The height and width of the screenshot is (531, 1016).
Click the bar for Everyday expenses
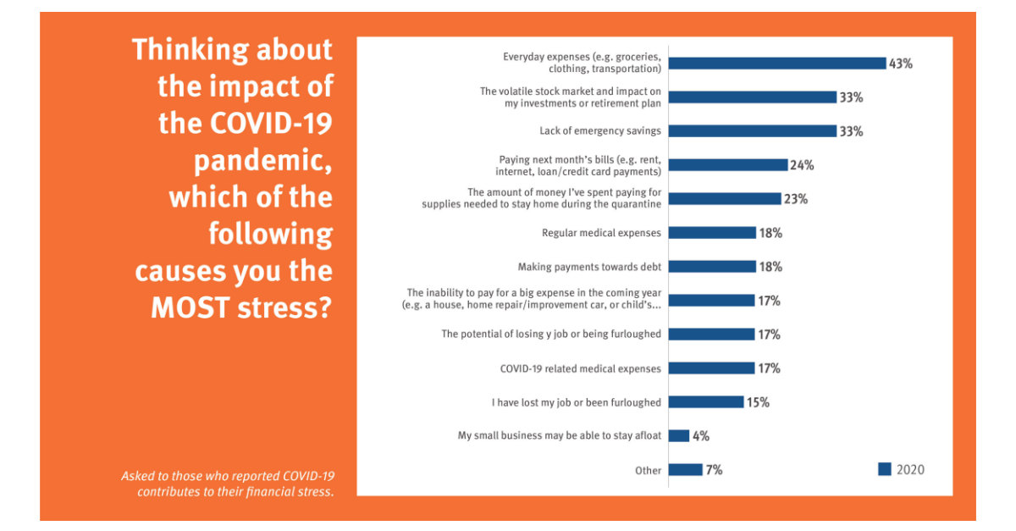pyautogui.click(x=776, y=64)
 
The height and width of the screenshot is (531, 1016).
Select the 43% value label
pyautogui.click(x=900, y=64)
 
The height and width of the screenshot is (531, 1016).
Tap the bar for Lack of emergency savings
pyautogui.click(x=752, y=131)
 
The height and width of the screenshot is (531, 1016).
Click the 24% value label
pyautogui.click(x=802, y=165)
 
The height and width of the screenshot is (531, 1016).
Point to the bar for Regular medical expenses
pyautogui.click(x=712, y=233)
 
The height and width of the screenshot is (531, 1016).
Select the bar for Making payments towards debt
pyautogui.click(x=712, y=267)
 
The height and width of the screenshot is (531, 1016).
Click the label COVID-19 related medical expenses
pyautogui.click(x=581, y=368)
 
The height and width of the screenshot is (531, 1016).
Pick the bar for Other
pyautogui.click(x=686, y=470)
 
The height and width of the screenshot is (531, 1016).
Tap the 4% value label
pyautogui.click(x=700, y=436)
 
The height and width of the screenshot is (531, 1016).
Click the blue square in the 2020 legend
pyautogui.click(x=885, y=469)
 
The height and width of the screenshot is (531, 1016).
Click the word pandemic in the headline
pyautogui.click(x=263, y=161)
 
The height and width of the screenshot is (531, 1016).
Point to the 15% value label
pyautogui.click(x=758, y=402)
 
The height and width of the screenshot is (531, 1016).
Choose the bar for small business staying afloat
pyautogui.click(x=679, y=436)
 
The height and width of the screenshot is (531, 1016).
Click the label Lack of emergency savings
pyautogui.click(x=600, y=131)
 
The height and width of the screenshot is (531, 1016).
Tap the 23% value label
pyautogui.click(x=796, y=199)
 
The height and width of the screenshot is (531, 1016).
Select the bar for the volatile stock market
pyautogui.click(x=752, y=97)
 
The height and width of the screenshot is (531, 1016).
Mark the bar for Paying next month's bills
pyautogui.click(x=728, y=165)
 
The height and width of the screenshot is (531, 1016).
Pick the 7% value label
pyautogui.click(x=714, y=470)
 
